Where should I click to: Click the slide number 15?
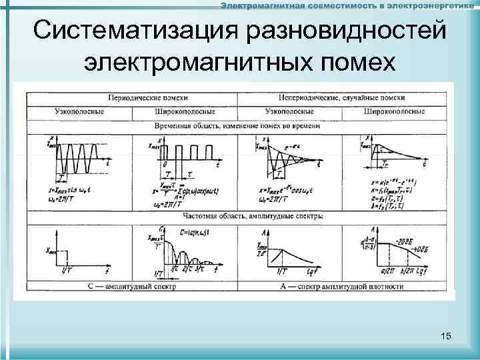[x=446, y=337]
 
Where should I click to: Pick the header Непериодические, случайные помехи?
[x=341, y=97]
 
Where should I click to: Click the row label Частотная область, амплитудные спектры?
[x=238, y=216]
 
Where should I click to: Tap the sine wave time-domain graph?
[x=75, y=155]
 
